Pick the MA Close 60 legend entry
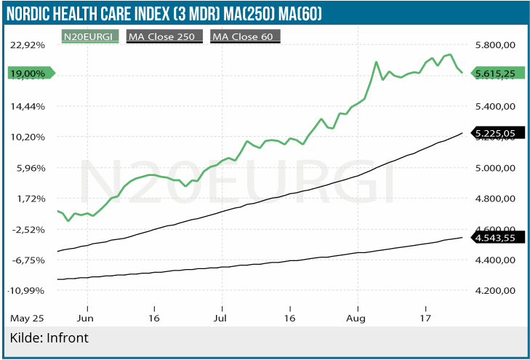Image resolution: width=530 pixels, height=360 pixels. [245, 36]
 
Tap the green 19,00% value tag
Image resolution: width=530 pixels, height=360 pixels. [28, 73]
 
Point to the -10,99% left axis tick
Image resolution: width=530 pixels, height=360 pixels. [26, 290]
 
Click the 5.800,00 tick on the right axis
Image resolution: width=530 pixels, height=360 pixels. [494, 44]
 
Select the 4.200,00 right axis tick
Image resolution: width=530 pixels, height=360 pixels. [494, 290]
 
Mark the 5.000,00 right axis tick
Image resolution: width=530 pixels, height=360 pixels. [494, 167]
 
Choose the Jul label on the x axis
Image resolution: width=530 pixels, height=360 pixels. [222, 318]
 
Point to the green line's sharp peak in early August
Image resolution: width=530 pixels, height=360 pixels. [377, 62]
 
